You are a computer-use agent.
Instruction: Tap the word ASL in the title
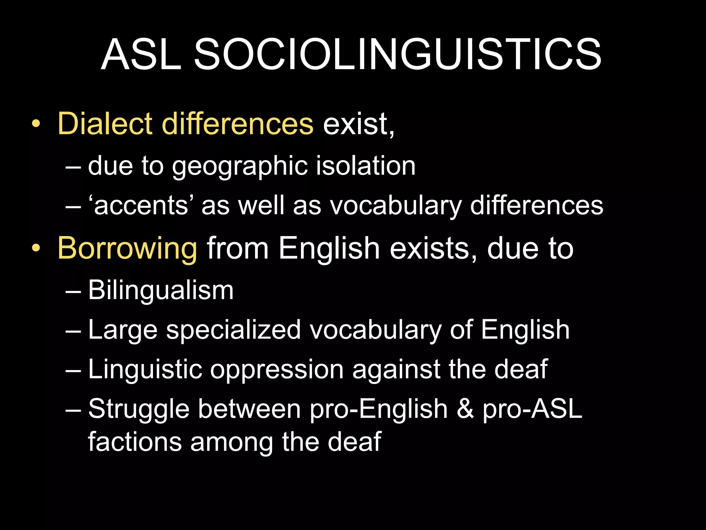point(141,55)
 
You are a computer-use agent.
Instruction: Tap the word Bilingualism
point(161,290)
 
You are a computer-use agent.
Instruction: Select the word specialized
point(233,330)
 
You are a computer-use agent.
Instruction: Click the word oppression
point(277,370)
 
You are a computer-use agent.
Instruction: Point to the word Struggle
point(139,410)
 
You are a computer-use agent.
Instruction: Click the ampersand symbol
point(465,409)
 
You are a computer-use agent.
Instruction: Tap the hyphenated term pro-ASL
point(532,410)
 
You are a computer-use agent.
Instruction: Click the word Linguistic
point(145,370)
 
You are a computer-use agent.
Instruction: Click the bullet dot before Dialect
point(36,124)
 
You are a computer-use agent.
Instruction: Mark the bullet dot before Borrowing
point(36,248)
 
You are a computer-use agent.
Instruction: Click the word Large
point(123,330)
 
